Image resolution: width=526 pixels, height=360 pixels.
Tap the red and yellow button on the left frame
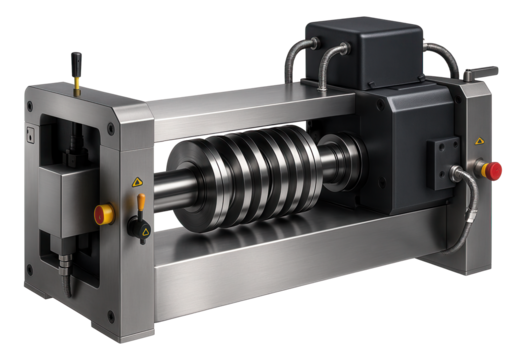coord(102,212)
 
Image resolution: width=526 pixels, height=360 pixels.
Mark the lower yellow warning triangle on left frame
coord(146,233)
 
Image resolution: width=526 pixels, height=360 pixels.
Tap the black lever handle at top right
coord(482,72)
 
